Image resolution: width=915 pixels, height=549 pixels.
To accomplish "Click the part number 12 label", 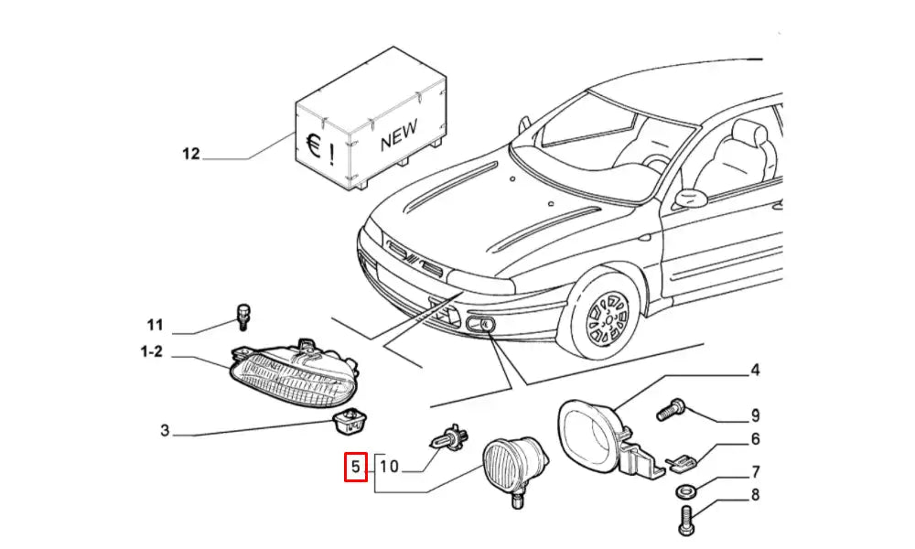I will pyautogui.click(x=190, y=154).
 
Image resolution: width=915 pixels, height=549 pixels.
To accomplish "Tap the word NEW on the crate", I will pyautogui.click(x=399, y=138).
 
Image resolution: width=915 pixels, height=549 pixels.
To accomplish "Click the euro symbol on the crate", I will pyautogui.click(x=313, y=146).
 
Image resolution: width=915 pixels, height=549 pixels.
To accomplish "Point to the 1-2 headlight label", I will pyautogui.click(x=151, y=350).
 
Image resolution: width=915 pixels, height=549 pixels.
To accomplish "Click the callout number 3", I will pyautogui.click(x=164, y=430).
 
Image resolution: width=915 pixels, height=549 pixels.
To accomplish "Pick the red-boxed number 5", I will pyautogui.click(x=355, y=468).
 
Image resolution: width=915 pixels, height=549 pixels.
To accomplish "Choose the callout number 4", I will pyautogui.click(x=755, y=371).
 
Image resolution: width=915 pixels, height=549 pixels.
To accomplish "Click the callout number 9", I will pyautogui.click(x=756, y=416).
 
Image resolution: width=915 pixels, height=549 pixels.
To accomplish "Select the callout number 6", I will pyautogui.click(x=756, y=439).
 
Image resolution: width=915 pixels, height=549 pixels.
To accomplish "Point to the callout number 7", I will pyautogui.click(x=756, y=472).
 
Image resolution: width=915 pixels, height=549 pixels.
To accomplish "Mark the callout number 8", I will pyautogui.click(x=756, y=497).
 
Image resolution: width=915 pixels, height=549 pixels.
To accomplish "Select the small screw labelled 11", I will pyautogui.click(x=243, y=316).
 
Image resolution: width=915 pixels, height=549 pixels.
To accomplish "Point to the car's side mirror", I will pyautogui.click(x=688, y=198).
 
